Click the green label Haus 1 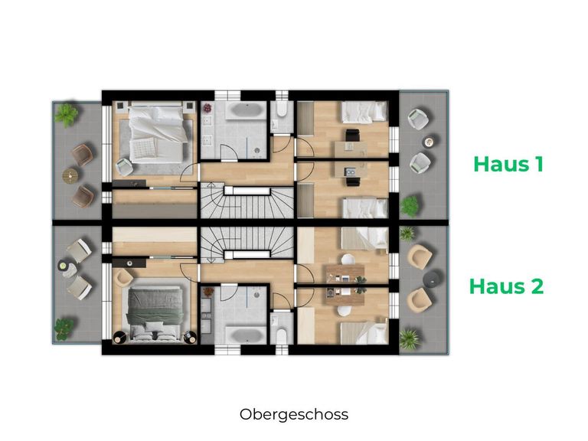coord(508,164)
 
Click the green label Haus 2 coord(506,286)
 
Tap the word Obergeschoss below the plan coord(293,414)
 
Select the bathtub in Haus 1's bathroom coord(240,113)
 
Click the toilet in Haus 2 coord(281,334)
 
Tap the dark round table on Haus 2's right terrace coord(433,276)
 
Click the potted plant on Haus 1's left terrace coord(67,115)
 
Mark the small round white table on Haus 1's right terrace coord(430,141)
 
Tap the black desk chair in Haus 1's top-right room coord(351,136)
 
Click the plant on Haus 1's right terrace coord(411,205)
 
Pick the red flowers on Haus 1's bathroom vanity coord(207,110)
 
